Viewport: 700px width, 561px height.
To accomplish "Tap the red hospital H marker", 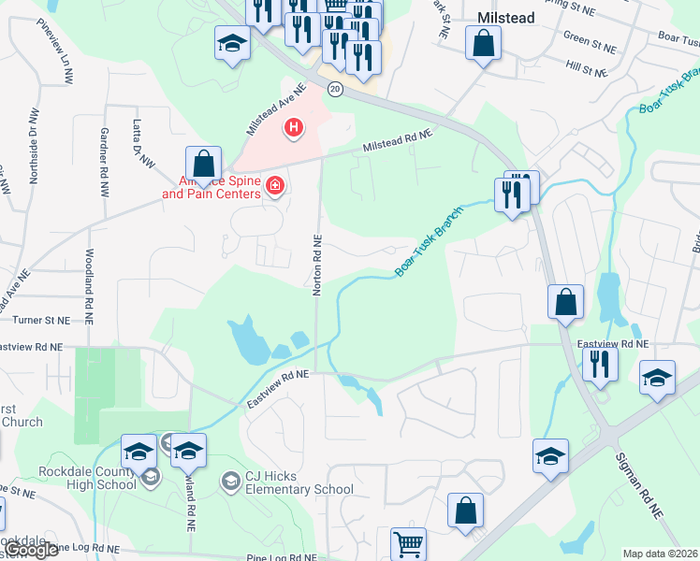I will tap(294, 127).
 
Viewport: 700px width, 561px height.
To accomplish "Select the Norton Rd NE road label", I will tap(317, 265).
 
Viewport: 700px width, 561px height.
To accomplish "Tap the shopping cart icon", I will tap(407, 543).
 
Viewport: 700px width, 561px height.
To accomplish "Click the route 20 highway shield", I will tap(335, 88).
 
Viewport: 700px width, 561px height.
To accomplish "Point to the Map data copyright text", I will tap(661, 554).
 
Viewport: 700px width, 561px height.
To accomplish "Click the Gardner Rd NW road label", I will tap(103, 162).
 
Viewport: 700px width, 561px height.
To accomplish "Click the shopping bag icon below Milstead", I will tap(484, 43).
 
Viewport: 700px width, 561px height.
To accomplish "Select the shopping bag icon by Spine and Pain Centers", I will tap(202, 163).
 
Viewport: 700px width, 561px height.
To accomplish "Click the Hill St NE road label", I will tap(587, 69).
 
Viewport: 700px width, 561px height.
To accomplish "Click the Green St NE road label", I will tap(590, 43).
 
